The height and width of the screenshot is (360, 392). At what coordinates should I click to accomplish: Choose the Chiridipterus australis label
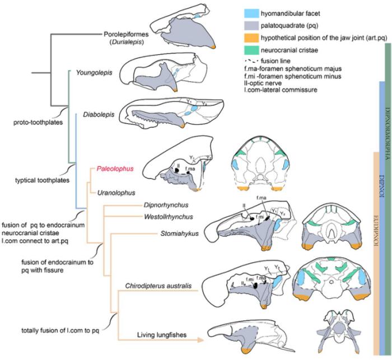tap(158, 286)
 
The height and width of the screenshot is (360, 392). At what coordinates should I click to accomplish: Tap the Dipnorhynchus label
tap(164, 205)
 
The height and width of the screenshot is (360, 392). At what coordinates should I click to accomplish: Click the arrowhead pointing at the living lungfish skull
tap(200, 339)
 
